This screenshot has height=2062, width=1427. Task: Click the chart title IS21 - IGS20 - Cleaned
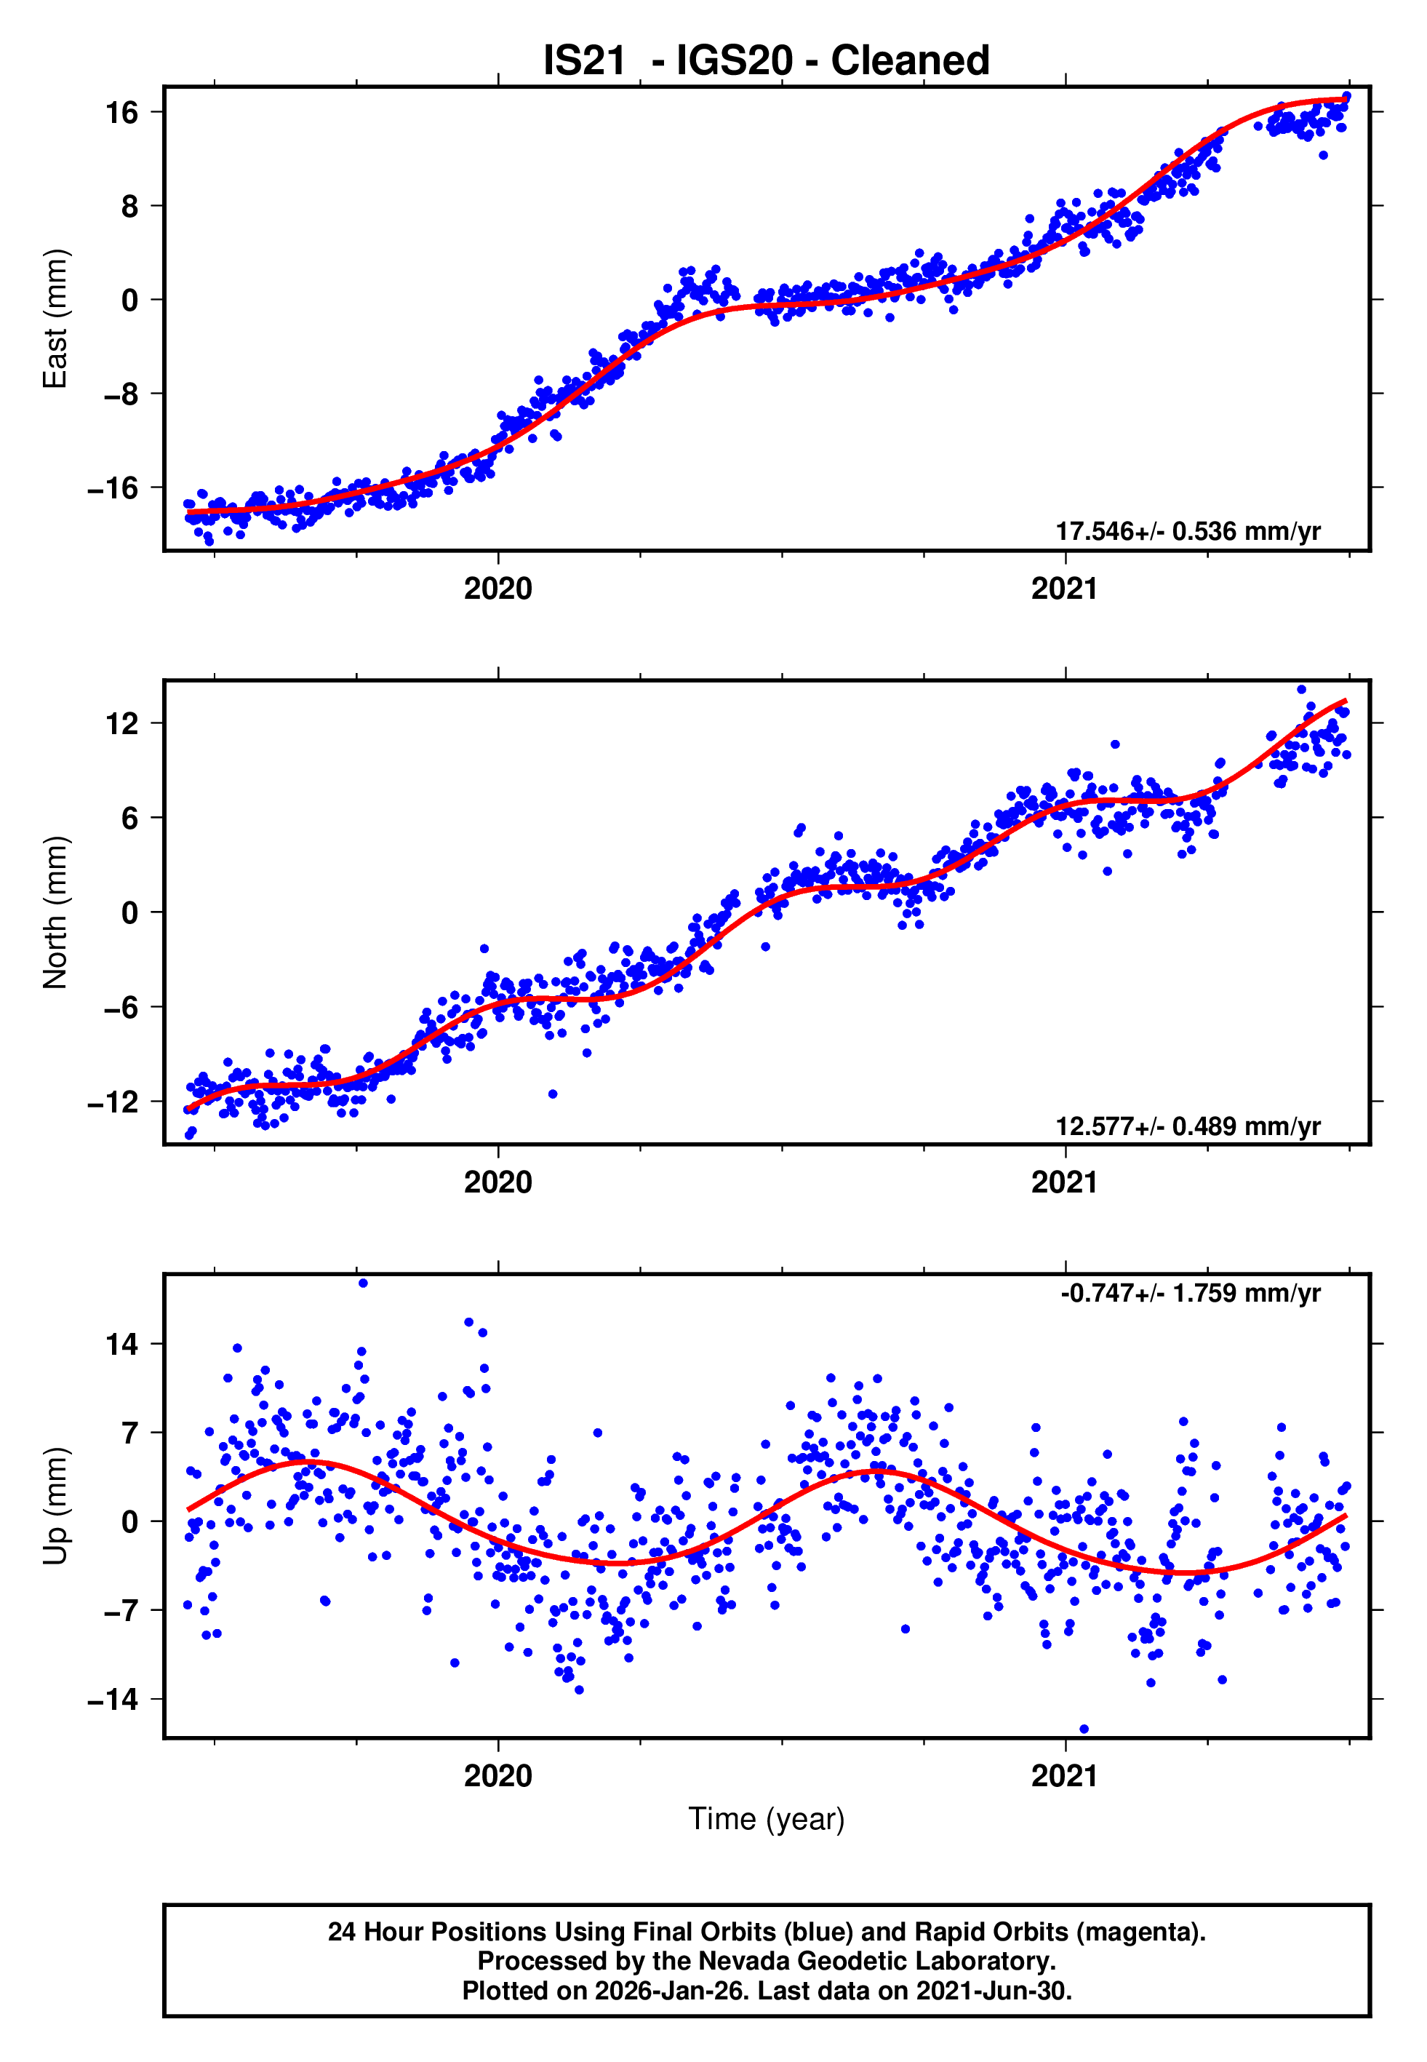[767, 61]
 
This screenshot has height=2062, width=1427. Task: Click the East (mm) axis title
[55, 319]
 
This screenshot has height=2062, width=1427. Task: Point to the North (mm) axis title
[55, 912]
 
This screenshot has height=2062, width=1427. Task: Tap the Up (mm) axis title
[55, 1506]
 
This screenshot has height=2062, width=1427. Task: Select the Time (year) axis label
[767, 1819]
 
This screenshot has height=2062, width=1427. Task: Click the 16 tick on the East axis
[122, 113]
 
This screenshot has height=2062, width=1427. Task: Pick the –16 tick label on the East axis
[113, 488]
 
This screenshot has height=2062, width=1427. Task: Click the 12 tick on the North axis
[122, 723]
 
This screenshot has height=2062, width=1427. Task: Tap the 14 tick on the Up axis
[122, 1344]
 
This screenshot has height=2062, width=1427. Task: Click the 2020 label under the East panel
[498, 589]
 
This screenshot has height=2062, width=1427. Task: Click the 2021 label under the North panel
[1064, 1183]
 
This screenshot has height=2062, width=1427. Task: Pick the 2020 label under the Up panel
[498, 1776]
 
